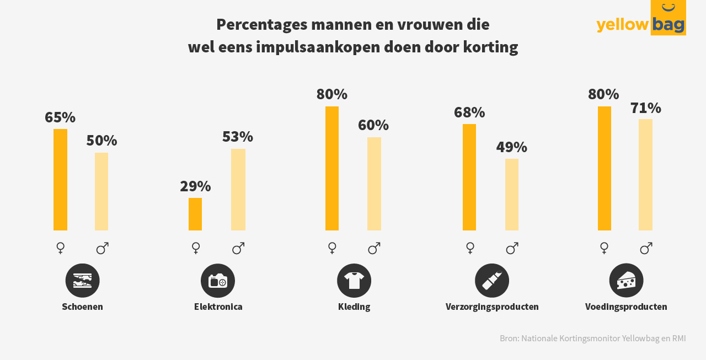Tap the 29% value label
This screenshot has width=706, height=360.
195,186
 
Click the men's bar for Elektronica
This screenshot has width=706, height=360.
238,190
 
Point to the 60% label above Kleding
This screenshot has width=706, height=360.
373,125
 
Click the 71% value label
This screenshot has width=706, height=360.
646,108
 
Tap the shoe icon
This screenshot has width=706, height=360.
83,281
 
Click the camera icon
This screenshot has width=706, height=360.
218,281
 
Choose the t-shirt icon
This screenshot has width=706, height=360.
354,281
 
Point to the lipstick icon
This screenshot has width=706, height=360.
492,281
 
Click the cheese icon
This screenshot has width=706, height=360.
626,281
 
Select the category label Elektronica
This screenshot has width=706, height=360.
218,307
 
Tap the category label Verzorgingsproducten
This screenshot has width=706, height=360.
492,307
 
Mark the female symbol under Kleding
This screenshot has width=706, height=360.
332,248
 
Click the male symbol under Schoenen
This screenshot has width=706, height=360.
102,249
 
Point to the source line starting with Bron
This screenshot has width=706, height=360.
593,338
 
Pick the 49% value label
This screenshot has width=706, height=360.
512,147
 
